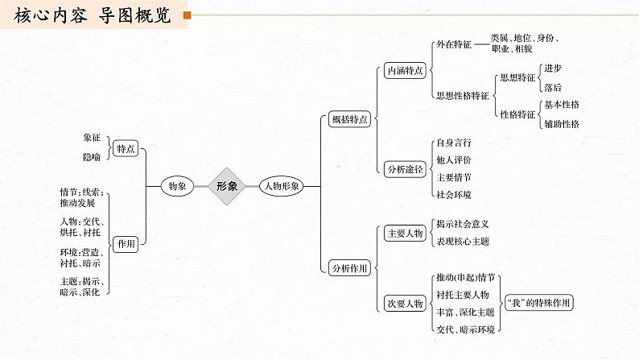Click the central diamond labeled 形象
226,186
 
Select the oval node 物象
177,186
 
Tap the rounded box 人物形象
282,186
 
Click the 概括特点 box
350,119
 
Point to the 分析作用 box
350,268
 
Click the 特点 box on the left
126,148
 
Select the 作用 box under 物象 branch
126,243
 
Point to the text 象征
92,139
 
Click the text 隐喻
92,157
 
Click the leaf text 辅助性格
562,123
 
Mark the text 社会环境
453,195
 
